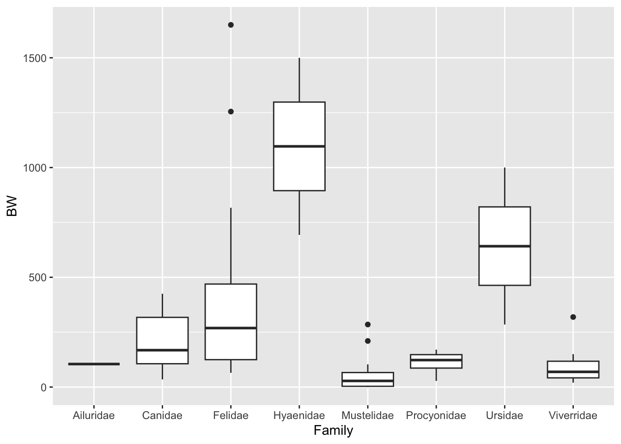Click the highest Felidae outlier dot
[x=231, y=25]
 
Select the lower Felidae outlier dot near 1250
[x=231, y=111]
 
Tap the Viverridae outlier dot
[x=573, y=317]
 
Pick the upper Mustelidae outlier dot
[x=368, y=324]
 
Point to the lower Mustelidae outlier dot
[x=368, y=341]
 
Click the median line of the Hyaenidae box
[x=299, y=146]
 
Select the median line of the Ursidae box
[x=505, y=246]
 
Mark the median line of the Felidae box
[x=231, y=328]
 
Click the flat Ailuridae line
[x=94, y=364]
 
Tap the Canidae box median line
[x=162, y=350]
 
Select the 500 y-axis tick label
[x=38, y=277]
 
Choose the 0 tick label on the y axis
[x=43, y=387]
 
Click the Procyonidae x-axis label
[x=436, y=415]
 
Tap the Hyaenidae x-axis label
[x=299, y=415]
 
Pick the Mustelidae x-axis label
[x=368, y=415]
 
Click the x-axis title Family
[x=333, y=431]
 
